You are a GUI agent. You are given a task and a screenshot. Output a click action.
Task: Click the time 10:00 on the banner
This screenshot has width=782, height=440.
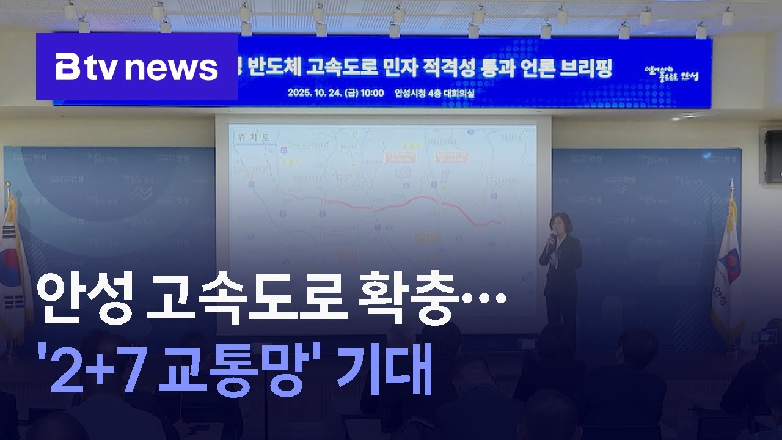pos(371,94)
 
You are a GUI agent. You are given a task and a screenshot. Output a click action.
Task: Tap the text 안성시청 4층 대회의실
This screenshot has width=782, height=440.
pos(434,94)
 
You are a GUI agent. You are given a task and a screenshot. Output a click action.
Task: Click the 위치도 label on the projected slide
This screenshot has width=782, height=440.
pos(249,139)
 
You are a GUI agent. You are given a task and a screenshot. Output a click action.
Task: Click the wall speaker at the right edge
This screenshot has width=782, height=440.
pos(773,156)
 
